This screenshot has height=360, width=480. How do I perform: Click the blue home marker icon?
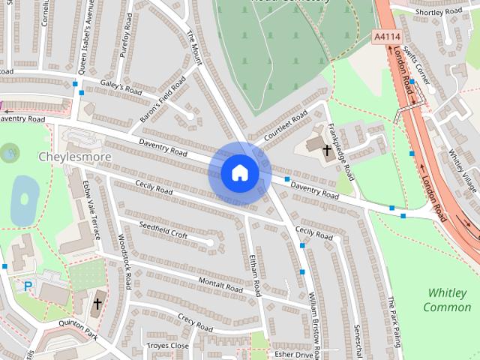point(239,173)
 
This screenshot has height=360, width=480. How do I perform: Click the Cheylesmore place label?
point(75,157)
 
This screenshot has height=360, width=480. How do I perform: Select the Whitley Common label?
point(447,300)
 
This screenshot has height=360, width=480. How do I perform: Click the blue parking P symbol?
point(28,286)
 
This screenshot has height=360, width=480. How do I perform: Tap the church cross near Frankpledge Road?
point(327,150)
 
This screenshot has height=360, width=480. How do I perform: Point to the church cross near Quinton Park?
point(97,304)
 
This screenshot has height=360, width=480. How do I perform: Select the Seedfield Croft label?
point(164,230)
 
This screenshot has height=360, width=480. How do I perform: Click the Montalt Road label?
point(221,283)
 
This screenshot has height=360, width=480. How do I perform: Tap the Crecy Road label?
point(196,323)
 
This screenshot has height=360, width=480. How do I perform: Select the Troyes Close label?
point(169,346)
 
